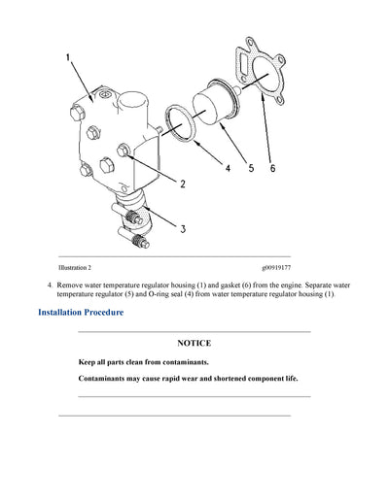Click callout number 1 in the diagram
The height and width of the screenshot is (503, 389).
tap(68, 58)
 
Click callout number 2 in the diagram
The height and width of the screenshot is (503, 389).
tap(181, 182)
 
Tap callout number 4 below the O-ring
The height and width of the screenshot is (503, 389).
tap(228, 168)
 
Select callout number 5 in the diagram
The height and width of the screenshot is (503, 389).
tap(250, 168)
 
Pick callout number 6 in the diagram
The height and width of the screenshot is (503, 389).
tap(272, 168)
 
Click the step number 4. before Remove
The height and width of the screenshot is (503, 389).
tap(50, 284)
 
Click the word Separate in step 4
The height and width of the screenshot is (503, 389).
tap(301, 284)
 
